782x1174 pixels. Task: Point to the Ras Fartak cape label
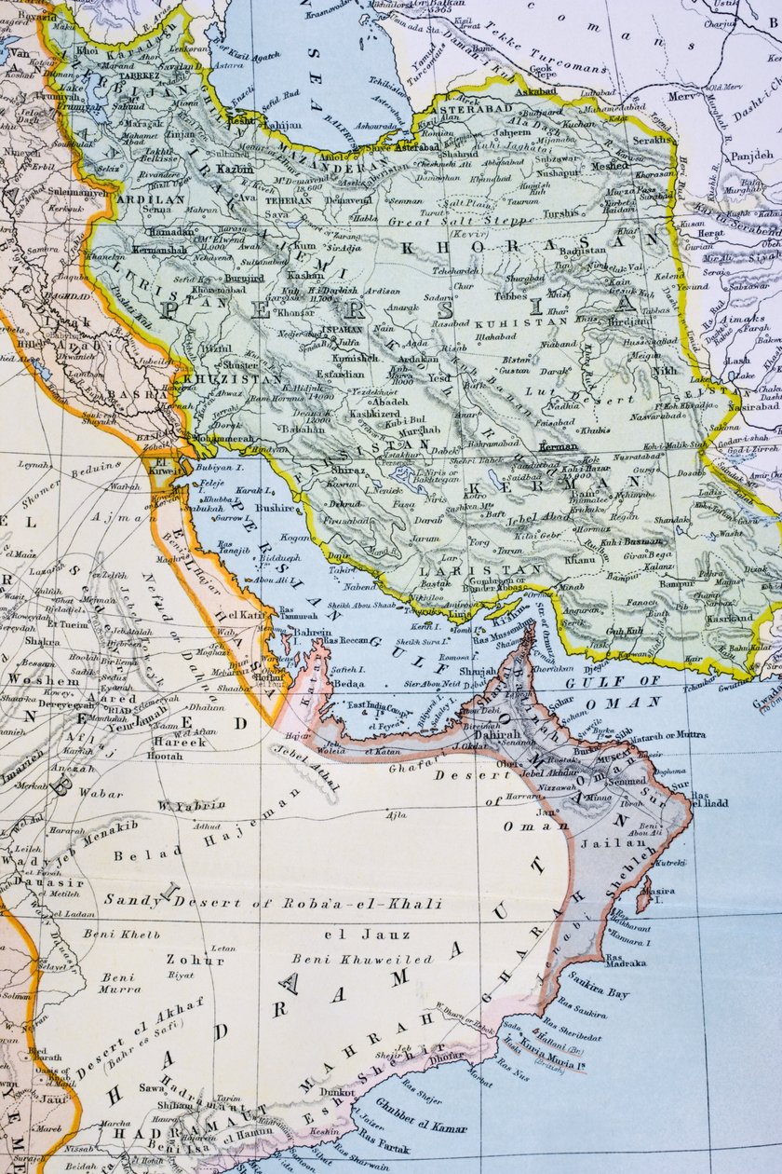(382, 1139)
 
